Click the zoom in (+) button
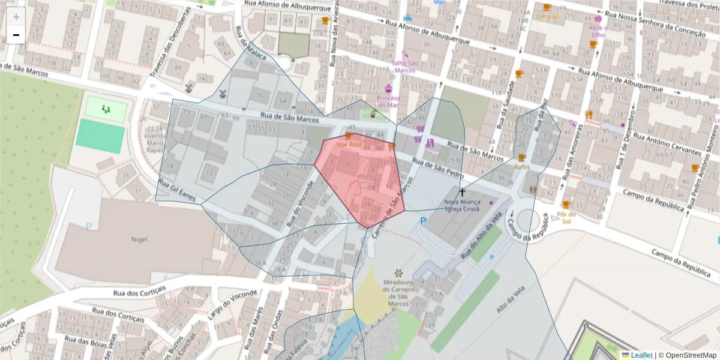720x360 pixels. tap(16, 16)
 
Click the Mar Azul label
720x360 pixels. tap(349, 145)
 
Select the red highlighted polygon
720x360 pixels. tap(360, 180)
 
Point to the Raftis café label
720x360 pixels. tap(521, 167)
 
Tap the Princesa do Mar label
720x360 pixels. tap(388, 101)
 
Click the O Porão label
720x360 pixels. tap(547, 16)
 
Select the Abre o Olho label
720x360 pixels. tap(598, 31)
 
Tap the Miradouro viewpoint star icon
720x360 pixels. tap(398, 274)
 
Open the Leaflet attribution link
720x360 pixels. tap(641, 355)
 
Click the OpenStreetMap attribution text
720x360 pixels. tap(690, 355)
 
